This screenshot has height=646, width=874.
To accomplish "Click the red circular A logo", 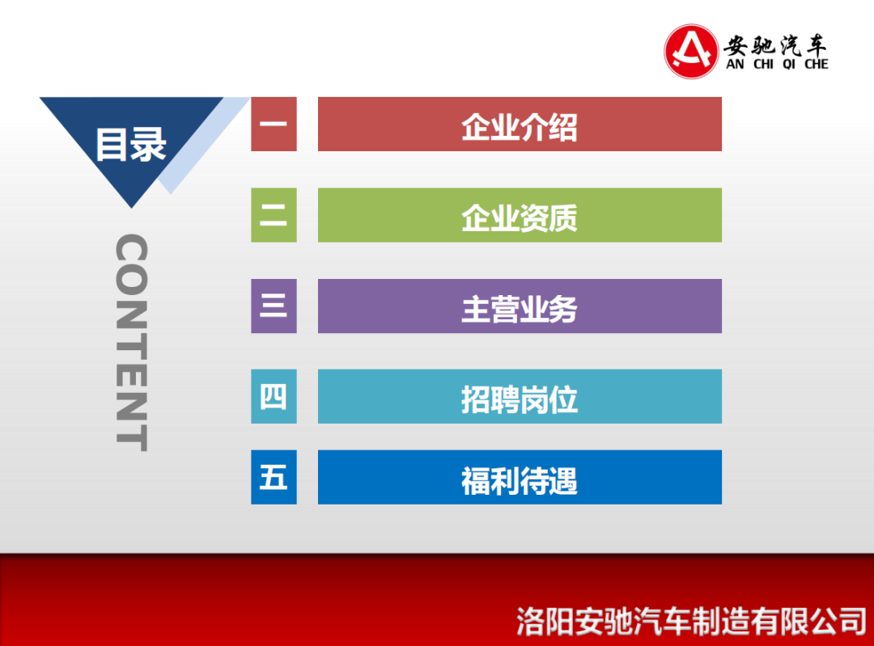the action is pyautogui.click(x=691, y=51).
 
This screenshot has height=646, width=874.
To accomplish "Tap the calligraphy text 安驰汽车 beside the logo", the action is pyautogui.click(x=774, y=44).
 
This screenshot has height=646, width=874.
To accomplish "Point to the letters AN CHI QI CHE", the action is pyautogui.click(x=777, y=64).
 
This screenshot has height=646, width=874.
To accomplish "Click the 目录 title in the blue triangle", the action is pyautogui.click(x=131, y=145).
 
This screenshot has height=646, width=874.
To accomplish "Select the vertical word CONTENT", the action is pyautogui.click(x=132, y=343).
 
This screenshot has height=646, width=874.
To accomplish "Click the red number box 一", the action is pyautogui.click(x=274, y=124).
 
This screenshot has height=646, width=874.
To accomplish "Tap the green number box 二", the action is pyautogui.click(x=274, y=215).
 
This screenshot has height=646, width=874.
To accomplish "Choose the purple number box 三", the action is pyautogui.click(x=274, y=306).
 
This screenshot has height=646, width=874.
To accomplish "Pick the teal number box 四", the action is pyautogui.click(x=274, y=396).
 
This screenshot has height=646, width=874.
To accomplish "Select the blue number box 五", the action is pyautogui.click(x=274, y=477).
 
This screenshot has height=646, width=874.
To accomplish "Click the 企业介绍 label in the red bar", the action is pyautogui.click(x=520, y=127).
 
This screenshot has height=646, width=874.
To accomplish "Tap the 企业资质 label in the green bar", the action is pyautogui.click(x=520, y=217).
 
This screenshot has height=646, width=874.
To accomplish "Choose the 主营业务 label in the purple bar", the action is pyautogui.click(x=520, y=309).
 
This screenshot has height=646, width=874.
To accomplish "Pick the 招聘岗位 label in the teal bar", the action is pyautogui.click(x=520, y=400).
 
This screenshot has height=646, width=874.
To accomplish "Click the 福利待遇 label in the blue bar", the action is pyautogui.click(x=520, y=480).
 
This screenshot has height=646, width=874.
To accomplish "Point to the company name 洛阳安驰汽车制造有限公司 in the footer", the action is pyautogui.click(x=691, y=622).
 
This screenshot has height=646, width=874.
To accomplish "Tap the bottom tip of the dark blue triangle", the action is pyautogui.click(x=132, y=208).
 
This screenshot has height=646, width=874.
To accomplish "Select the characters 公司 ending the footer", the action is pyautogui.click(x=838, y=622).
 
